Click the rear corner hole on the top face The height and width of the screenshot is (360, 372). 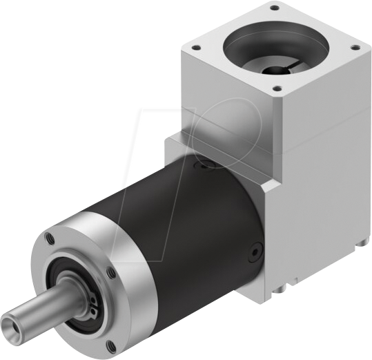(275, 9)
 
